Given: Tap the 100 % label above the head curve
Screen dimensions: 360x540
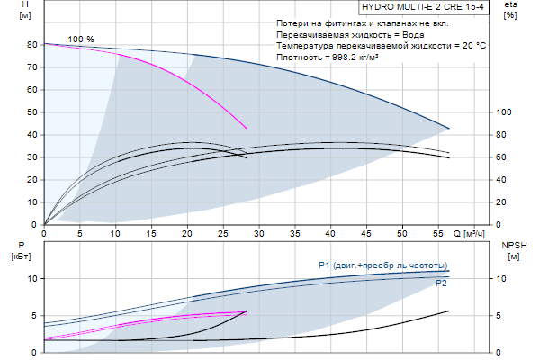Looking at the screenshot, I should tap(81, 39).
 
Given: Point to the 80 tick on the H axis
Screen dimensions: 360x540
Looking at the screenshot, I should tap(32, 44).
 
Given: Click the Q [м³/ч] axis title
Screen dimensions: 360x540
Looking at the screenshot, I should tap(473, 232).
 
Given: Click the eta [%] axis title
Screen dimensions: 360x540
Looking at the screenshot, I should tap(510, 10).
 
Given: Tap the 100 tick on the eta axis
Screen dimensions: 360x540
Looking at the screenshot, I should tap(503, 112).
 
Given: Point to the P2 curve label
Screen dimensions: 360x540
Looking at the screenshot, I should tap(441, 283).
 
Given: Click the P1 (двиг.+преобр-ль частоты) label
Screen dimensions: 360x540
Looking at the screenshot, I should tap(382, 265).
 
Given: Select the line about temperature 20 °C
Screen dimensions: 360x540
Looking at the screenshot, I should tap(382, 45).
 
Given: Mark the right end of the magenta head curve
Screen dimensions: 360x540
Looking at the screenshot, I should tap(247, 128).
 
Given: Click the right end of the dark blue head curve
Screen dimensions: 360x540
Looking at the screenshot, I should tap(449, 128).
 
